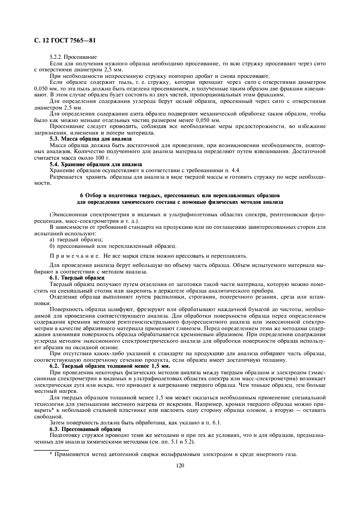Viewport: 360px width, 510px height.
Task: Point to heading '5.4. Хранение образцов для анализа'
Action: pyautogui.click(x=95, y=164)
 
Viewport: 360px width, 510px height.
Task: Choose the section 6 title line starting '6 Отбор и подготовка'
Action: pyautogui.click(x=179, y=195)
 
